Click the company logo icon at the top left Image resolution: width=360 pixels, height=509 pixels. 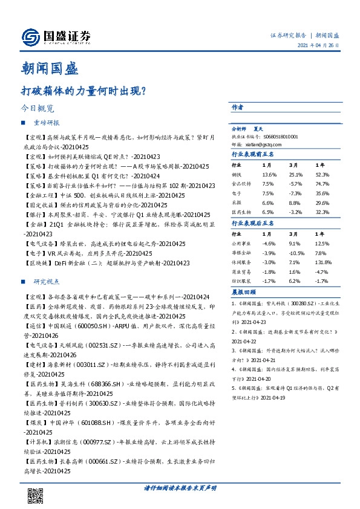(31, 37)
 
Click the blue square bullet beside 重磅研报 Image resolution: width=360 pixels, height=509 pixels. (24, 123)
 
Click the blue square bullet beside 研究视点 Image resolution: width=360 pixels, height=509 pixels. (24, 282)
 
